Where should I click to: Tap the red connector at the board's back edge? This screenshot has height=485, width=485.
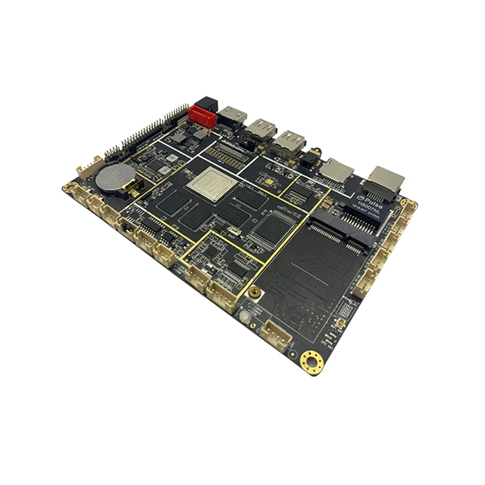[201, 116]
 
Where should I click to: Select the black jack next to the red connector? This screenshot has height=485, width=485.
[209, 103]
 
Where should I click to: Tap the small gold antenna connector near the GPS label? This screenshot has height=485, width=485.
[338, 321]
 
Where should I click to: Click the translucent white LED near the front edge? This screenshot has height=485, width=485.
[245, 316]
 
